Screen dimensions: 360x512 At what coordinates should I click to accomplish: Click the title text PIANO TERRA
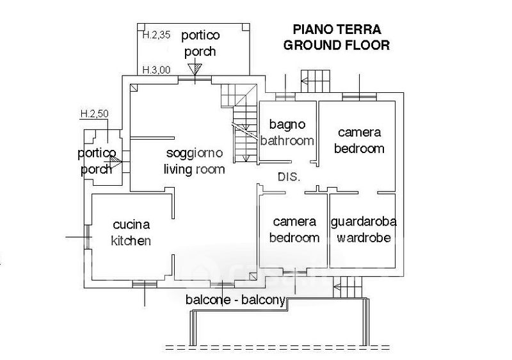click(x=337, y=30)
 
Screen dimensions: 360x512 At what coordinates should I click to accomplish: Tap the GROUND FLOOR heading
click(x=337, y=45)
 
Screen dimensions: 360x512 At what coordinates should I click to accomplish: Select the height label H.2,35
click(x=156, y=35)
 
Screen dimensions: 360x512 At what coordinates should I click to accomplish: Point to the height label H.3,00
click(x=156, y=70)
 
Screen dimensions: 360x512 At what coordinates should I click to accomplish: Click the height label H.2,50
click(x=95, y=114)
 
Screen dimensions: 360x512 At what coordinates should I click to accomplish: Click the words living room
click(x=195, y=169)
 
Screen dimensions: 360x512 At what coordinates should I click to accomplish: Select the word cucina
click(x=131, y=225)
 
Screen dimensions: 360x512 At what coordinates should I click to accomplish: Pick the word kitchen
click(x=131, y=241)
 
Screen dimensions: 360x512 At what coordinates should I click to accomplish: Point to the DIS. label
click(x=289, y=177)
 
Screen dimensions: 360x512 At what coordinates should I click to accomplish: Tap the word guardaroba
click(x=364, y=222)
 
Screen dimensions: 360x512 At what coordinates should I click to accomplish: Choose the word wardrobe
click(x=364, y=238)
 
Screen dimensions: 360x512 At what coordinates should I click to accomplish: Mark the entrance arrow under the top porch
click(x=194, y=69)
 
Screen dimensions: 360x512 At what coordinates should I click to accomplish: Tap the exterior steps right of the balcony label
click(x=349, y=285)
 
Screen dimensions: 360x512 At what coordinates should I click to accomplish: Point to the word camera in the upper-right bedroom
click(x=359, y=133)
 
